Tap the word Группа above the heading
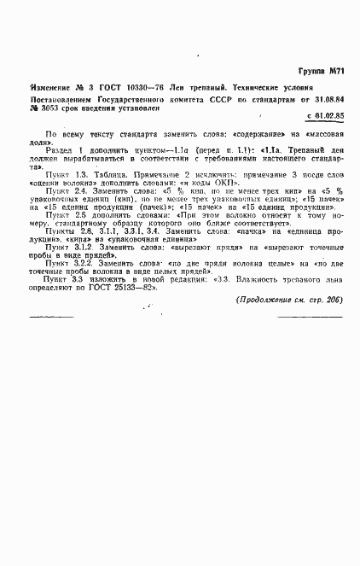click(308, 74)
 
